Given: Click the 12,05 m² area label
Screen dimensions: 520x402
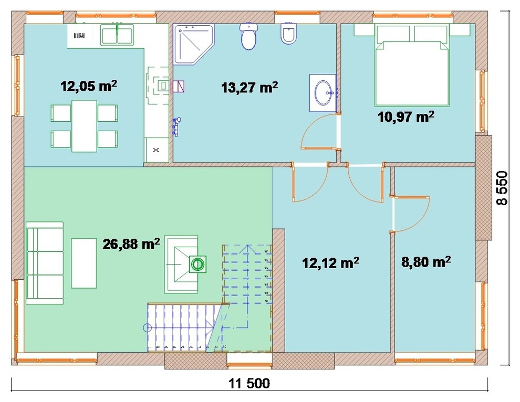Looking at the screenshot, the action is [x=89, y=86].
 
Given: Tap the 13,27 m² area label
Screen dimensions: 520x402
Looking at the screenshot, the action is [x=249, y=87].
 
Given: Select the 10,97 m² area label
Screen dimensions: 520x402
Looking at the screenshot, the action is [x=406, y=117].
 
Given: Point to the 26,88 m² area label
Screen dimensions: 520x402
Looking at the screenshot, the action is [x=131, y=244].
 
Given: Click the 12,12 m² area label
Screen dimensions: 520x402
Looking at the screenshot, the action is [x=330, y=262].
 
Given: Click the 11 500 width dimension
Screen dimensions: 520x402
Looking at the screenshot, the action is [x=249, y=384].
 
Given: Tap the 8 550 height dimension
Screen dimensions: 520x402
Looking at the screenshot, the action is [x=502, y=188].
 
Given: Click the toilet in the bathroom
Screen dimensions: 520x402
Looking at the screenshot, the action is [x=248, y=36].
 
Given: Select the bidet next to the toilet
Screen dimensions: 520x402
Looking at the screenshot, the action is [x=288, y=33].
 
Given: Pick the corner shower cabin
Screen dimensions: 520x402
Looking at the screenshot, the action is [x=194, y=44].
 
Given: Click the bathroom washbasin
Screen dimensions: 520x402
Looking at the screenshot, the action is [x=323, y=93].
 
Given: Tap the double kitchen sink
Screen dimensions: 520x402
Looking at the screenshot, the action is [x=117, y=36].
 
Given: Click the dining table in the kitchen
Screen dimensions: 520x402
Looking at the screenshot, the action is [x=84, y=126].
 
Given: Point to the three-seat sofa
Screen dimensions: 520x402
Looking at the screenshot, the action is [x=45, y=263].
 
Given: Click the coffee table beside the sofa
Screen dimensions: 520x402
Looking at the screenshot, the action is [x=84, y=263].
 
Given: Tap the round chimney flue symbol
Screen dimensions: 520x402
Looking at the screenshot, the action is [x=197, y=264].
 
